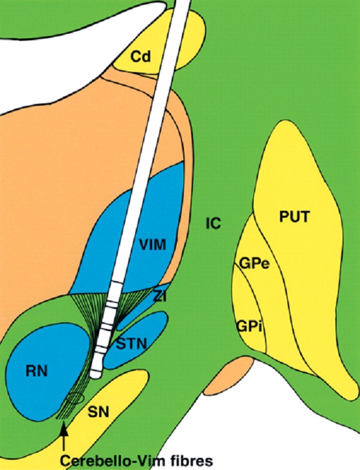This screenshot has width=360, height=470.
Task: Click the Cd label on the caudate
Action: click(x=141, y=56)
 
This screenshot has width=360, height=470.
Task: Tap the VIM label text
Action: click(x=153, y=245)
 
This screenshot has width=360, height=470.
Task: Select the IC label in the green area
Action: click(x=213, y=224)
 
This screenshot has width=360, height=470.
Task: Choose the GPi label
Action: click(x=249, y=326)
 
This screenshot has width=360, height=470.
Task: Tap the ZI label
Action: click(x=160, y=297)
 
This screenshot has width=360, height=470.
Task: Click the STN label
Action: click(x=131, y=344)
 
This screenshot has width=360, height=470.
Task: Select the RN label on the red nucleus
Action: click(x=36, y=371)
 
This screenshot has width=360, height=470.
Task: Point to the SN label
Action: click(x=99, y=413)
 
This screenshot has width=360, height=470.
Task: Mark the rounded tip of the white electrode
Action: click(x=96, y=374)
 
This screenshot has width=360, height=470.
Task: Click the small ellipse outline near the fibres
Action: click(x=75, y=398)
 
